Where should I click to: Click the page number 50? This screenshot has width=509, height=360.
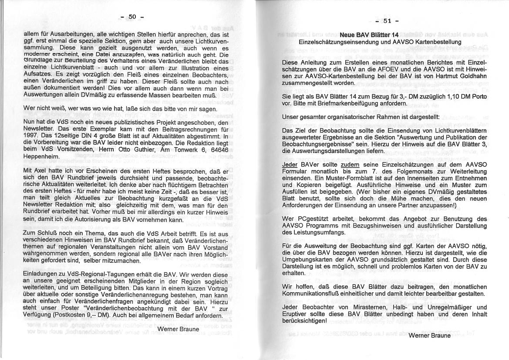(x=132, y=17)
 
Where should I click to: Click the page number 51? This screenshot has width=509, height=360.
(x=388, y=21)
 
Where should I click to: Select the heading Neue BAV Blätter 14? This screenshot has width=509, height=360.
(x=369, y=35)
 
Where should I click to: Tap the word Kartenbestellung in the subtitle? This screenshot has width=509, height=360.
(x=437, y=42)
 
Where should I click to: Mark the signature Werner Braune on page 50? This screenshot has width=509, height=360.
(x=178, y=329)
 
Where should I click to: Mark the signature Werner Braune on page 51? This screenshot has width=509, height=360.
(x=429, y=335)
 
